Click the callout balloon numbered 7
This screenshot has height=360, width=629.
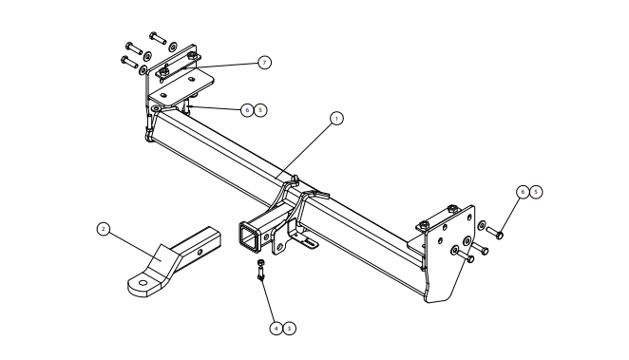pyautogui.click(x=264, y=63)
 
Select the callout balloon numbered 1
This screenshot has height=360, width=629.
pyautogui.click(x=336, y=119)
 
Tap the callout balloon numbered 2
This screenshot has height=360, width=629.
pyautogui.click(x=104, y=229)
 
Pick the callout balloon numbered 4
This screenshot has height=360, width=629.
pyautogui.click(x=276, y=329)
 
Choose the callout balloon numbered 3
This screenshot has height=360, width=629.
pyautogui.click(x=289, y=329)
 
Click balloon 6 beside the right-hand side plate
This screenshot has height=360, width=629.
pyautogui.click(x=523, y=192)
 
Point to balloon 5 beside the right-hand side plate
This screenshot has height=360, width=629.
pyautogui.click(x=536, y=192)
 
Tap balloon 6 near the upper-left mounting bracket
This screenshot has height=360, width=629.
pyautogui.click(x=247, y=110)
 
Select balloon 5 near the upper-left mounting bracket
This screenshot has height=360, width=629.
pyautogui.click(x=260, y=110)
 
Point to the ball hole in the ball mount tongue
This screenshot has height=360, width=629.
pyautogui.click(x=143, y=283)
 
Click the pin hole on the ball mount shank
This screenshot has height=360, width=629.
pyautogui.click(x=200, y=252)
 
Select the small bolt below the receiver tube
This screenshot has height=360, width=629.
pyautogui.click(x=260, y=270)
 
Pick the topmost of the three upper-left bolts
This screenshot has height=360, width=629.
pyautogui.click(x=158, y=38)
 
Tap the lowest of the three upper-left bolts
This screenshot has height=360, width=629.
pyautogui.click(x=129, y=62)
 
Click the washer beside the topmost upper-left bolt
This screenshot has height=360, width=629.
pyautogui.click(x=173, y=47)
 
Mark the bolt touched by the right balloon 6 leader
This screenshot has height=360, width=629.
pyautogui.click(x=495, y=233)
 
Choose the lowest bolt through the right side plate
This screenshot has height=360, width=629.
pyautogui.click(x=466, y=256)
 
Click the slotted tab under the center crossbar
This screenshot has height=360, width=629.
pyautogui.click(x=307, y=241)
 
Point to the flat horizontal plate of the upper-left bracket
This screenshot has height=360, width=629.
pyautogui.click(x=181, y=87)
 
